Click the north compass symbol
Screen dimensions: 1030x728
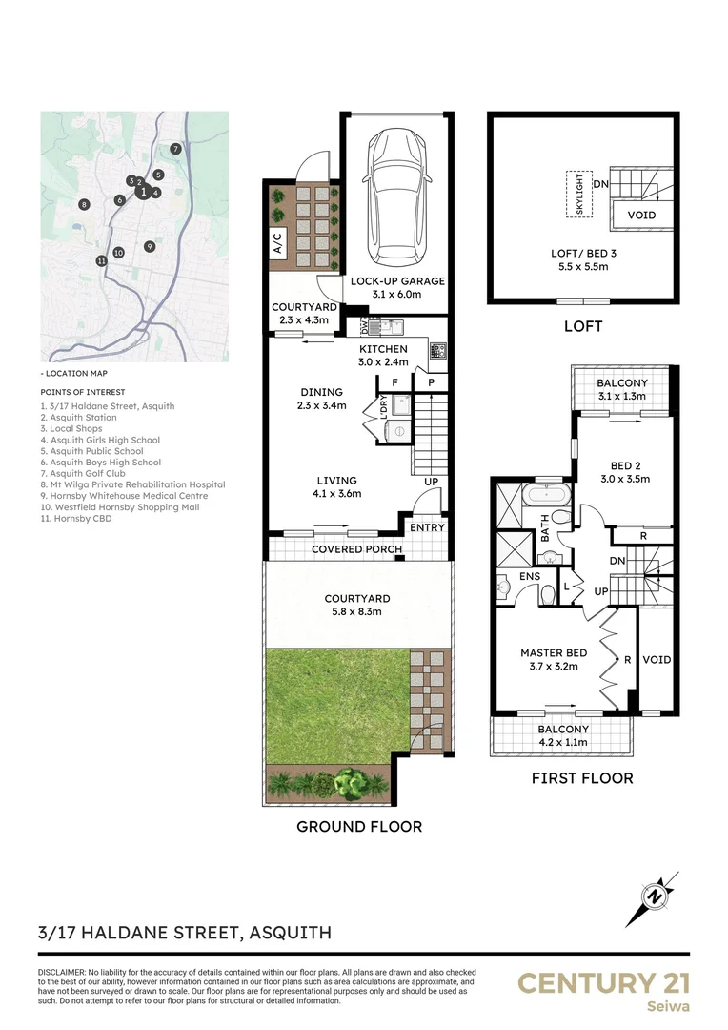coord(655,896)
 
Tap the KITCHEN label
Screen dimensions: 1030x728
coord(384,350)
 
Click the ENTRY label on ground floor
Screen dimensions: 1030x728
coord(427,527)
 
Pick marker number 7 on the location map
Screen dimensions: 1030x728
coord(175,149)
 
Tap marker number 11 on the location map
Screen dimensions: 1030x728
coord(101,260)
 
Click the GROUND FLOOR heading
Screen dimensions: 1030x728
coord(358,826)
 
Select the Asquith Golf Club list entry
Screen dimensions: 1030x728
coord(86,473)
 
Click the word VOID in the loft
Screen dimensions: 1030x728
coord(641,215)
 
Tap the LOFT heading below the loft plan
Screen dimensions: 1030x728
coord(583,326)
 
